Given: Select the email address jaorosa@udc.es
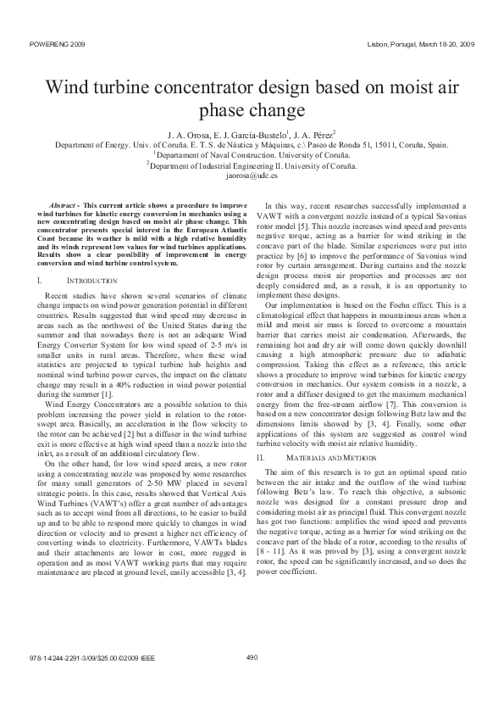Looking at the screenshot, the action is click(252, 176).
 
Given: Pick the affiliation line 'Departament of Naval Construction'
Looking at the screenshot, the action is click(252, 155).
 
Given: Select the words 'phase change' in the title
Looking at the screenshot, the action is click(251, 111).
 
